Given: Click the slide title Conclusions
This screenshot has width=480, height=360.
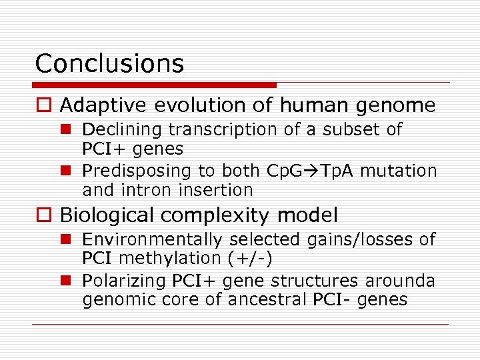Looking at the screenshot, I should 109,63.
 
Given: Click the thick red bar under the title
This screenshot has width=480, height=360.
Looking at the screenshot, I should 155,85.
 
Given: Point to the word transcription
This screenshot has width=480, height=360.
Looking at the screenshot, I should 223,129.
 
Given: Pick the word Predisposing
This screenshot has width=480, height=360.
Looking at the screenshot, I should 137,171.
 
